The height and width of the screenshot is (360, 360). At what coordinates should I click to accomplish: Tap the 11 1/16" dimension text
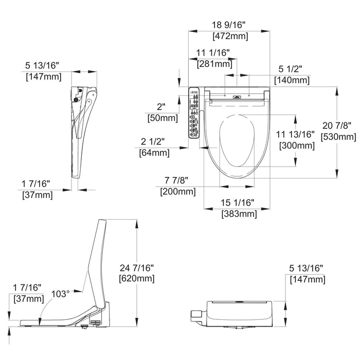pyautogui.click(x=213, y=53)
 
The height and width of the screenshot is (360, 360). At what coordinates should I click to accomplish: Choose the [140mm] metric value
pyautogui.click(x=292, y=80)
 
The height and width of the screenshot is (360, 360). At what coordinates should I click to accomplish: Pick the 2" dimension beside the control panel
pyautogui.click(x=161, y=107)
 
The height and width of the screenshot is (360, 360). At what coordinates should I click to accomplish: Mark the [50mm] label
pyautogui.click(x=161, y=118)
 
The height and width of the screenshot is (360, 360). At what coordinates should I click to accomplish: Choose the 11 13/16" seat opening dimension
pyautogui.click(x=296, y=134)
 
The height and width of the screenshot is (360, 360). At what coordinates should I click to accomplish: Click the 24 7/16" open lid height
pyautogui.click(x=136, y=267)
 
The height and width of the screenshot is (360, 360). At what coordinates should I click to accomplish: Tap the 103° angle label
pyautogui.click(x=60, y=294)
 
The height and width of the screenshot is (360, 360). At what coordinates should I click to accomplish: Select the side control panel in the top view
pyautogui.click(x=194, y=112)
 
